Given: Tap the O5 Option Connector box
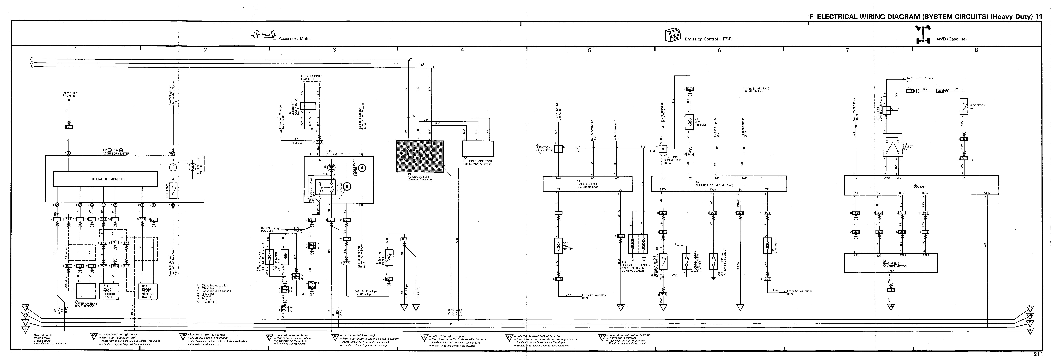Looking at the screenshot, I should click(478, 149).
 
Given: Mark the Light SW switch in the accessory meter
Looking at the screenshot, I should click(173, 190).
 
